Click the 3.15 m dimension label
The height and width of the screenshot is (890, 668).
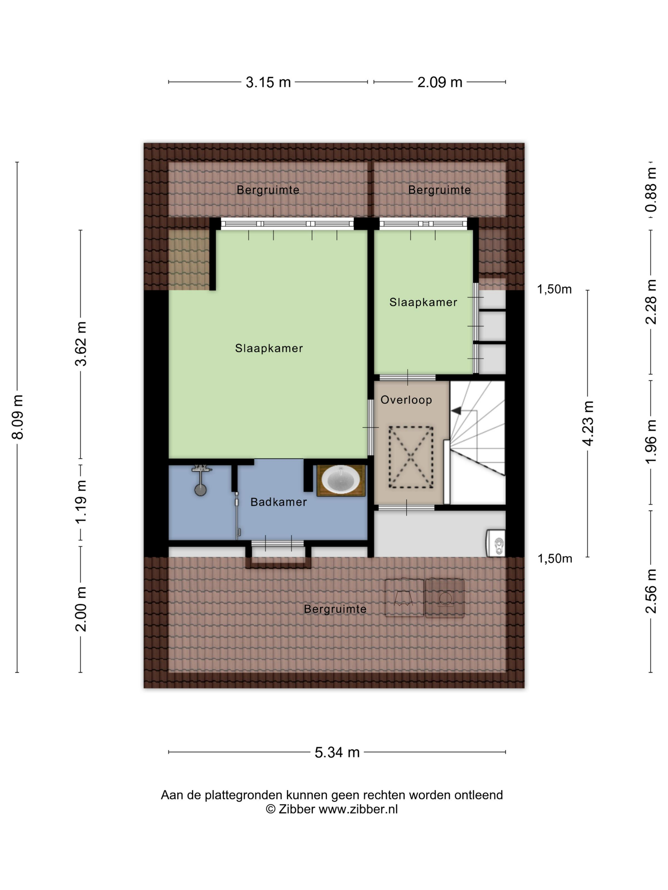[268, 82]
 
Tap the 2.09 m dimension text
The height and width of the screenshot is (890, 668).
[439, 82]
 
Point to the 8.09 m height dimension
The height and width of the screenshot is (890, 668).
[18, 417]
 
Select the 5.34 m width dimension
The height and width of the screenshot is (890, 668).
[337, 752]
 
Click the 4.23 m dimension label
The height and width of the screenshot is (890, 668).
[588, 423]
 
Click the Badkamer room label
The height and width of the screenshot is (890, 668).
[279, 502]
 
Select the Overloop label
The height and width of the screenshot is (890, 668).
[406, 400]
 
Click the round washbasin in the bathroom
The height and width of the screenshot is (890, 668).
[341, 480]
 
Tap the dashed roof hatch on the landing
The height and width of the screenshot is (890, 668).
[411, 457]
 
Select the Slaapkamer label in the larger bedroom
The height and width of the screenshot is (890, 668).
[269, 348]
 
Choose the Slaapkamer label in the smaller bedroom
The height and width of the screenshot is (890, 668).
[423, 302]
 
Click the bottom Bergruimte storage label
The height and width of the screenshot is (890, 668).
[335, 609]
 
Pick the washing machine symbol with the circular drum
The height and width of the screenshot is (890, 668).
[445, 598]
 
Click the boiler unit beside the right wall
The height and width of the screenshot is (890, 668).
[496, 543]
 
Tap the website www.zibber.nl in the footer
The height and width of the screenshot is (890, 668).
[358, 809]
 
